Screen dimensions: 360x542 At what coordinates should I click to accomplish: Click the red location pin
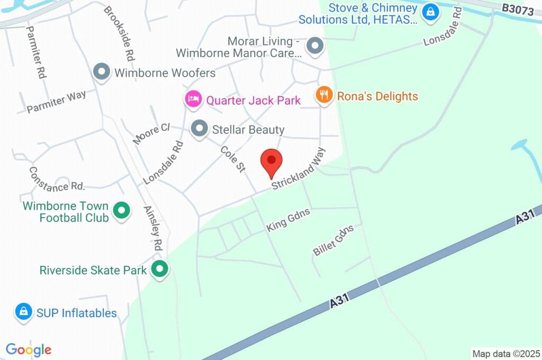(272, 161)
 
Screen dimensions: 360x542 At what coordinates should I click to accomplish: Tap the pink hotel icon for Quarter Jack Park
(193, 98)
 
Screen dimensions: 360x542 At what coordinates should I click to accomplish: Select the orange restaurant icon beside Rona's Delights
(323, 95)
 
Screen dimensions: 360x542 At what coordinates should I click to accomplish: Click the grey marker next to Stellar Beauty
(199, 128)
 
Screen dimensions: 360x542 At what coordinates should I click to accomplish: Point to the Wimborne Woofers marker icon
(101, 72)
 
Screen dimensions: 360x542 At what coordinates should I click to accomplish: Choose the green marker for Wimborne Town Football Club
(122, 211)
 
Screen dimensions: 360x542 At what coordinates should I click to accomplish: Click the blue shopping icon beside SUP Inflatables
(23, 312)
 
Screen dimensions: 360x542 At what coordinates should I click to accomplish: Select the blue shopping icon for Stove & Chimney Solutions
(431, 11)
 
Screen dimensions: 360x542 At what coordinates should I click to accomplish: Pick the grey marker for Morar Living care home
(315, 46)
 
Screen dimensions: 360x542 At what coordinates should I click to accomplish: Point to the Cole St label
(233, 159)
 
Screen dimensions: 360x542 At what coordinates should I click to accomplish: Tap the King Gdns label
(288, 219)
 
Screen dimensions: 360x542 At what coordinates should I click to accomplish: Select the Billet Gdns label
(333, 240)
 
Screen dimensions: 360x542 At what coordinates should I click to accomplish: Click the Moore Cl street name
(151, 133)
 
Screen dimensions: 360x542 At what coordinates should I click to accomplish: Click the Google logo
(29, 350)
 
